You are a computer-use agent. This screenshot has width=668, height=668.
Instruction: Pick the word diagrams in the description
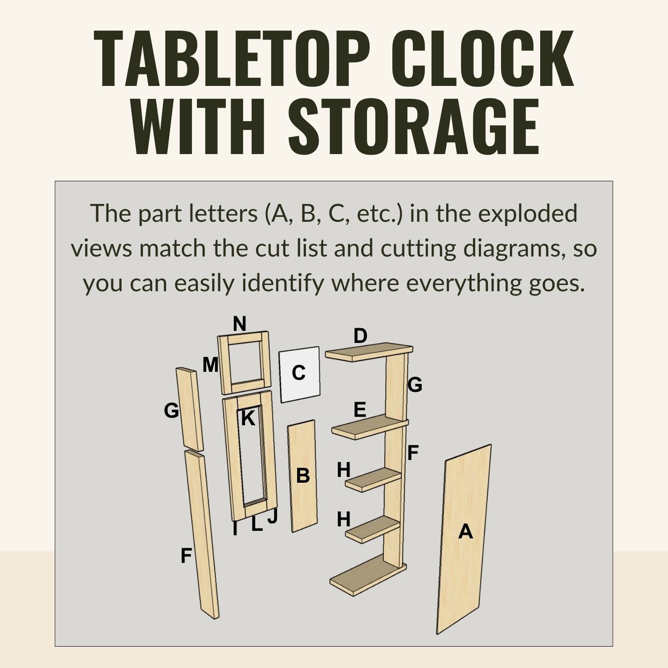pos(508,248)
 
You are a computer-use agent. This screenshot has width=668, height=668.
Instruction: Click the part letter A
pos(465,531)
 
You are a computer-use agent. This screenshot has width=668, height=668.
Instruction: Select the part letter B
pos(303,476)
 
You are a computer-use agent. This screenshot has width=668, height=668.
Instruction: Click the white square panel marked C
pos(300,374)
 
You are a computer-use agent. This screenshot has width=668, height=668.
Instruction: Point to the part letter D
pos(360,336)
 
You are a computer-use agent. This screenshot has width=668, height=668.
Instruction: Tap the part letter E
pos(360,410)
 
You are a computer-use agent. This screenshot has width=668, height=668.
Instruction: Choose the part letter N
pos(240,324)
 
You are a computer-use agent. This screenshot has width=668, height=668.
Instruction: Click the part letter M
pos(211,365)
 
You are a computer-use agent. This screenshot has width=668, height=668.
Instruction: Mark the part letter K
pos(248,418)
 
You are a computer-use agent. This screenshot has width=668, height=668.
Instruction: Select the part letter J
pos(273,516)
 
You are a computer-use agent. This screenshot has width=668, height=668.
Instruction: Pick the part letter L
pos(257,524)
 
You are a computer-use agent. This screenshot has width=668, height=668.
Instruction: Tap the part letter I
pos(235,529)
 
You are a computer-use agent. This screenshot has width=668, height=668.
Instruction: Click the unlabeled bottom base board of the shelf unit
pos(368,574)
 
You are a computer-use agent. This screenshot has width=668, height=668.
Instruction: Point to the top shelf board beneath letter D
pos(369,352)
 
